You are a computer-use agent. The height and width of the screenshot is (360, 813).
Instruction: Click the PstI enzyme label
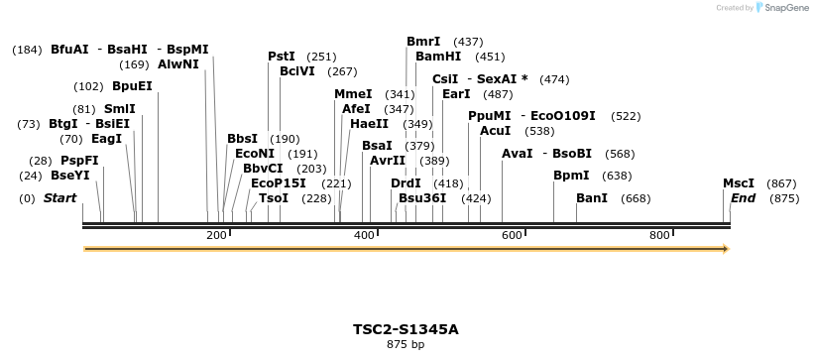[282, 57]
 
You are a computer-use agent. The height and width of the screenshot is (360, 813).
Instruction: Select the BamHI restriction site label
[437, 57]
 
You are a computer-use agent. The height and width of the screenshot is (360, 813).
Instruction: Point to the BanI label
[592, 198]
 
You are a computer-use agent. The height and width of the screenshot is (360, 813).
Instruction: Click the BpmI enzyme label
[571, 176]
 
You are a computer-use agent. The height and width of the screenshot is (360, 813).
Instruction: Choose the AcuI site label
[495, 131]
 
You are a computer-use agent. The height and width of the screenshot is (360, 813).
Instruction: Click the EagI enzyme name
[106, 139]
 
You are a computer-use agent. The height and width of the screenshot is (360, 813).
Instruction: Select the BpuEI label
[132, 86]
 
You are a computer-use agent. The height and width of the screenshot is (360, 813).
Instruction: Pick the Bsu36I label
[422, 198]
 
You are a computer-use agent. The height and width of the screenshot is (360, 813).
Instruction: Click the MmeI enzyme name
[353, 94]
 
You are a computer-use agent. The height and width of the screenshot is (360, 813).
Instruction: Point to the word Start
[59, 198]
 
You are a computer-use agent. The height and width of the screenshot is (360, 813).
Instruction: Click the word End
[743, 198]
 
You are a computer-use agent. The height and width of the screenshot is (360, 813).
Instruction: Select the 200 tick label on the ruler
[216, 235]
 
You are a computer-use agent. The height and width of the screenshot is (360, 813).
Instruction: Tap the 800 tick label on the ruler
[660, 235]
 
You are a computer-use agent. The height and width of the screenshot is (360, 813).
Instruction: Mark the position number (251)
[321, 57]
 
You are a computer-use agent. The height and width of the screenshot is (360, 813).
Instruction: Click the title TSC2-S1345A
[406, 329]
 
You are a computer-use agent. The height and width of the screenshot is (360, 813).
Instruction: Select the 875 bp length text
[406, 345]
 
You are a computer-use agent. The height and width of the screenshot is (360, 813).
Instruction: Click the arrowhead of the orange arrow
[725, 248]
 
